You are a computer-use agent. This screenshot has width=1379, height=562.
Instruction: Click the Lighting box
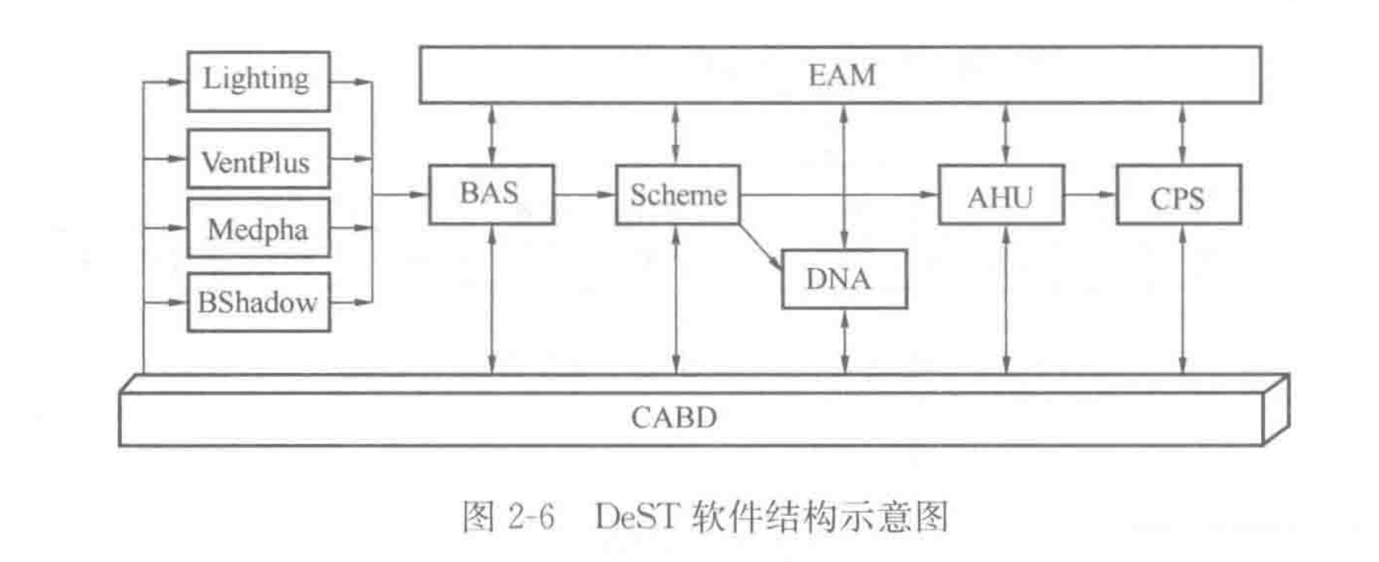[x=258, y=81]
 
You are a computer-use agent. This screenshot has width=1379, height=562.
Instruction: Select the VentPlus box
[x=258, y=159]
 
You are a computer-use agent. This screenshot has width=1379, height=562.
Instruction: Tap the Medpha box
[x=258, y=228]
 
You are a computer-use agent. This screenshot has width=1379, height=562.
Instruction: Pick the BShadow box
[x=258, y=302]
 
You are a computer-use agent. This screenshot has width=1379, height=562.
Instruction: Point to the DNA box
[x=844, y=279]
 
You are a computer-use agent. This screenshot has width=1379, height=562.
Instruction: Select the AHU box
[x=1000, y=195]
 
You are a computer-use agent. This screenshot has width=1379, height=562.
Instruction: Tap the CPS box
[x=1178, y=195]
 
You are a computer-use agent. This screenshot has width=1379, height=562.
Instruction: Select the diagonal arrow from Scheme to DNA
[x=760, y=247]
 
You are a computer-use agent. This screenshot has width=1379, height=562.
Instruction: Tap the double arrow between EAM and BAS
[x=492, y=134]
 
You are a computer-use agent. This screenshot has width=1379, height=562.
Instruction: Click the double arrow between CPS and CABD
[x=1182, y=300]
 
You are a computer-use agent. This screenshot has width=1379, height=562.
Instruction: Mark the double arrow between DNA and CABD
[x=845, y=342]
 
